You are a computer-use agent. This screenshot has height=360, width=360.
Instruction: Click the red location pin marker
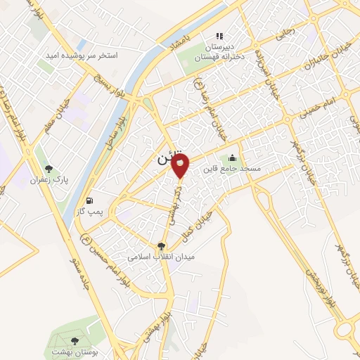point(181,166)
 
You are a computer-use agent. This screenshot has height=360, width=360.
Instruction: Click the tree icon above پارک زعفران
point(49,169)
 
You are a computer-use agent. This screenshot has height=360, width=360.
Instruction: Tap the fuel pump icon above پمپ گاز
point(88,201)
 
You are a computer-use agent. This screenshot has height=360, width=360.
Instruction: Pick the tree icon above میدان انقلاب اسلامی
point(162,246)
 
